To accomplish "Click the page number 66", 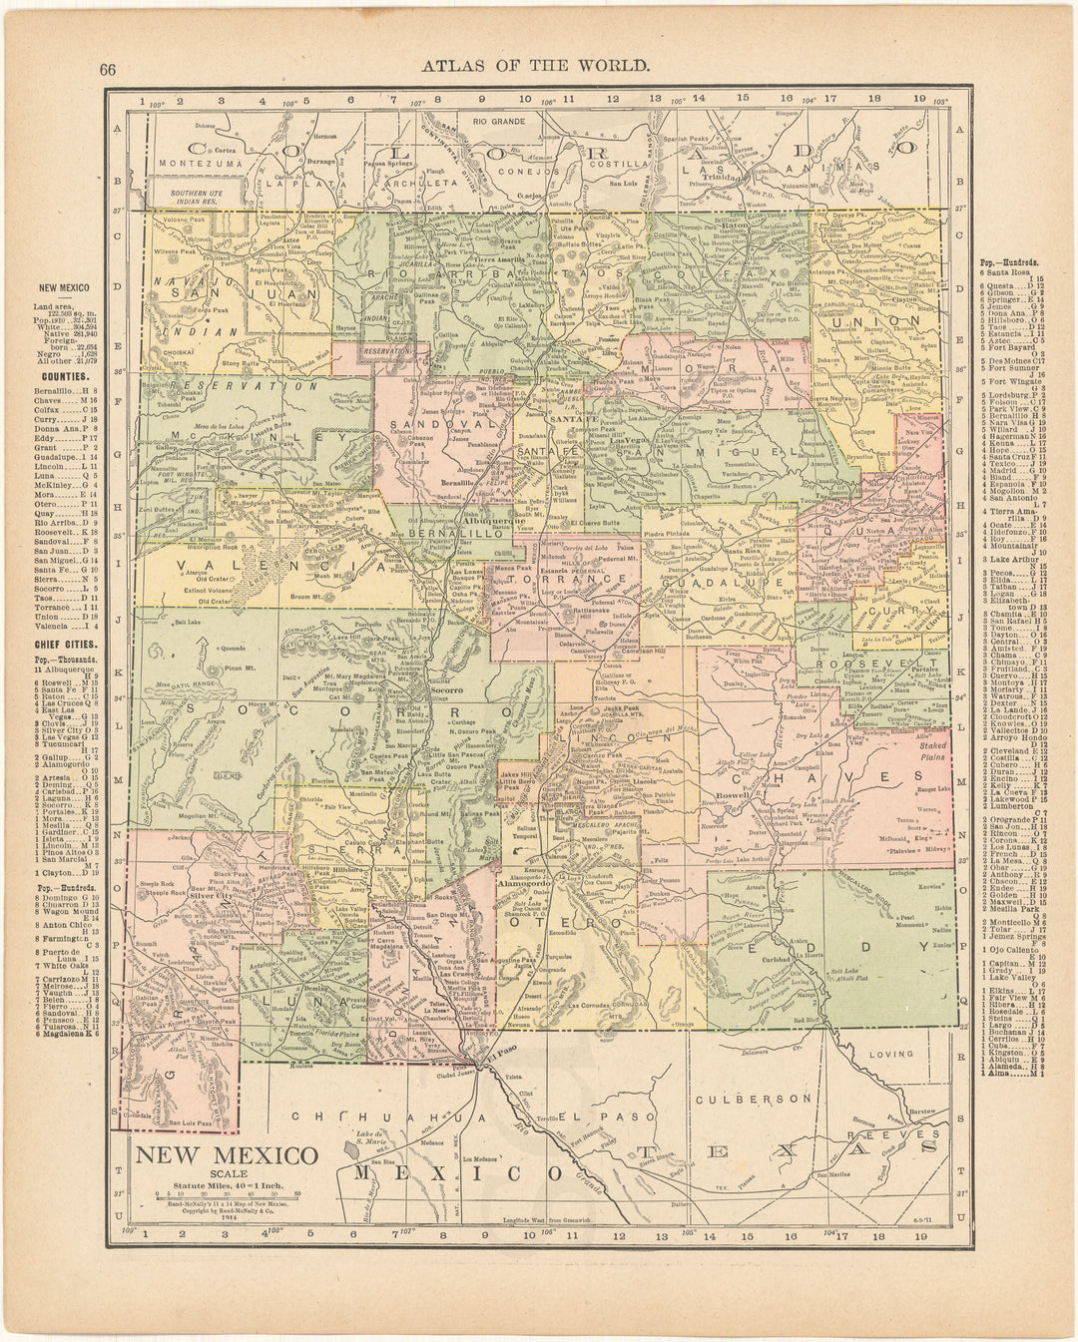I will pyautogui.click(x=109, y=67).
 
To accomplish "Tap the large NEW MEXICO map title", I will pyautogui.click(x=227, y=1155).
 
